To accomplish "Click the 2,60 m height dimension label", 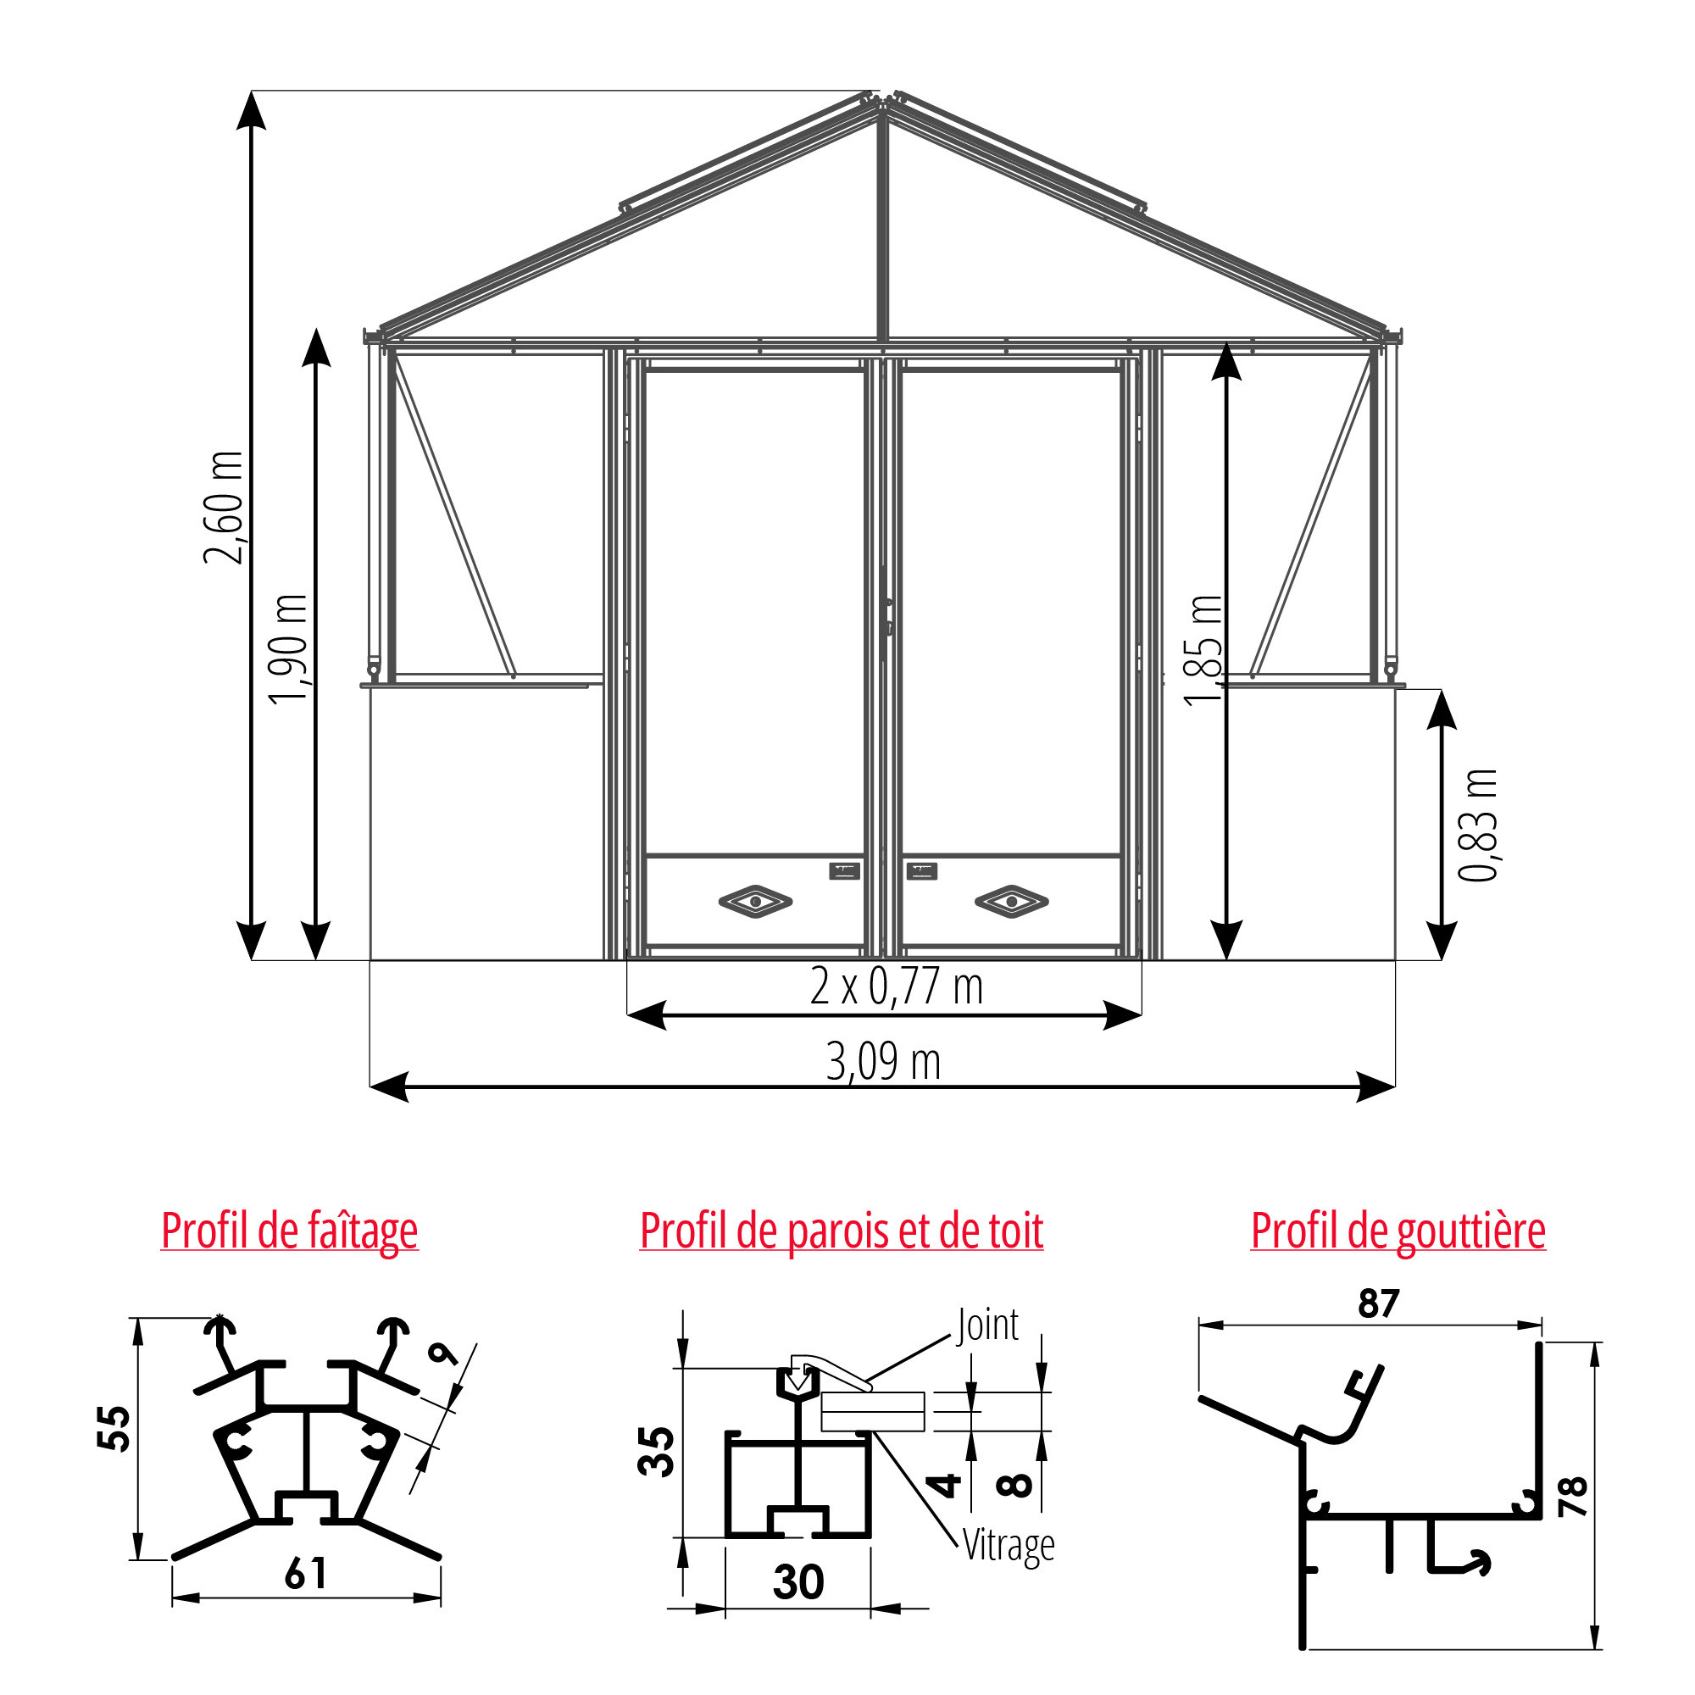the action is [x=223, y=507].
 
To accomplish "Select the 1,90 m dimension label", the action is [x=289, y=649].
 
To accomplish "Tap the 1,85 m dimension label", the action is [x=1203, y=649].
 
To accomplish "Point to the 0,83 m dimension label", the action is [x=1477, y=825].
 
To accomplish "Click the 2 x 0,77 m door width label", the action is [x=897, y=987].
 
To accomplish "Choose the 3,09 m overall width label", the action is [x=883, y=1062].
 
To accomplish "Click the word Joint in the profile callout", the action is [x=988, y=1325].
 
